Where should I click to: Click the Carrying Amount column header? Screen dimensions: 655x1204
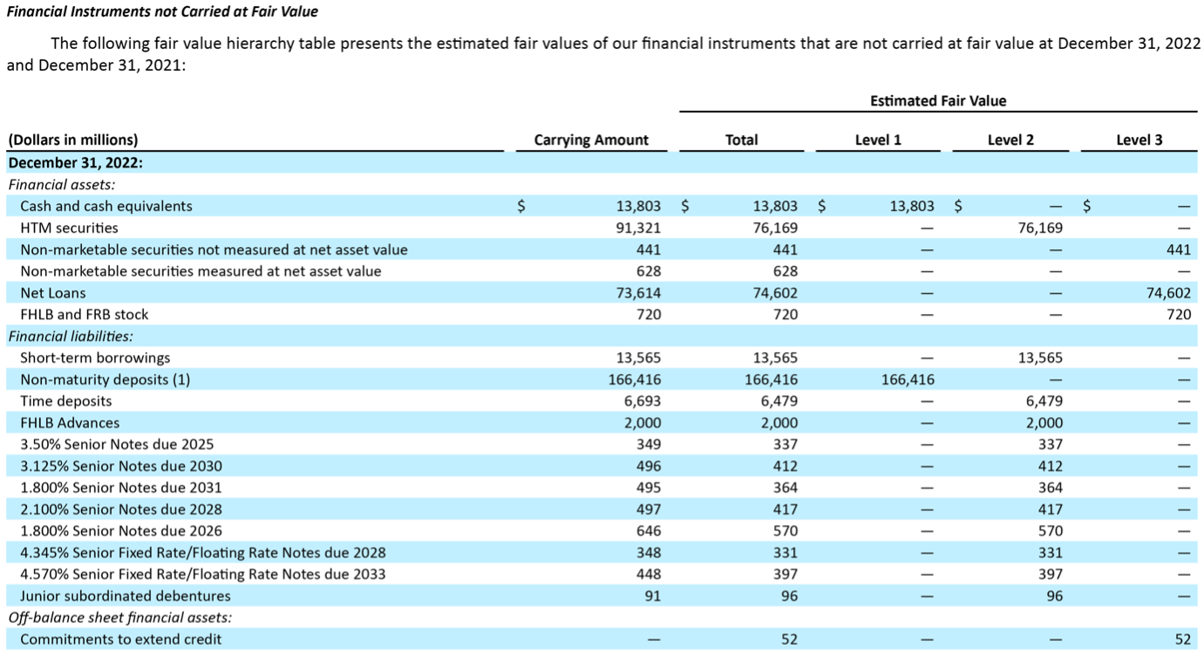[590, 140]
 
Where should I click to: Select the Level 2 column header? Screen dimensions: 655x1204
[1010, 140]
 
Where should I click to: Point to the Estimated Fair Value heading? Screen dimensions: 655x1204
[937, 101]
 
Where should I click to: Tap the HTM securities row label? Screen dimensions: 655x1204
[69, 228]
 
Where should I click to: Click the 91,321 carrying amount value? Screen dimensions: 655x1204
[638, 228]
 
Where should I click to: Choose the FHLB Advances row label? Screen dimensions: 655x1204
[70, 423]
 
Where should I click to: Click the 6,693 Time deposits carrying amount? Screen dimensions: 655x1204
[643, 401]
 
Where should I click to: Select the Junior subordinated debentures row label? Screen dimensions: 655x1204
[126, 597]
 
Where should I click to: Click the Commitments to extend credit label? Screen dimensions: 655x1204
[120, 639]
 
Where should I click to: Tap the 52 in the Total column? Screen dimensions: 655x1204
[789, 639]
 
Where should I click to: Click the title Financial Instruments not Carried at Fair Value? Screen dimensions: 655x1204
[162, 11]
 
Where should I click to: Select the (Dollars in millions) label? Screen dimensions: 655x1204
[72, 140]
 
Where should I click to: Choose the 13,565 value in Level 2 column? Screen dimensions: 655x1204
[1040, 358]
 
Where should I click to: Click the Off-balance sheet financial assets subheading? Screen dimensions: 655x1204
[120, 617]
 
